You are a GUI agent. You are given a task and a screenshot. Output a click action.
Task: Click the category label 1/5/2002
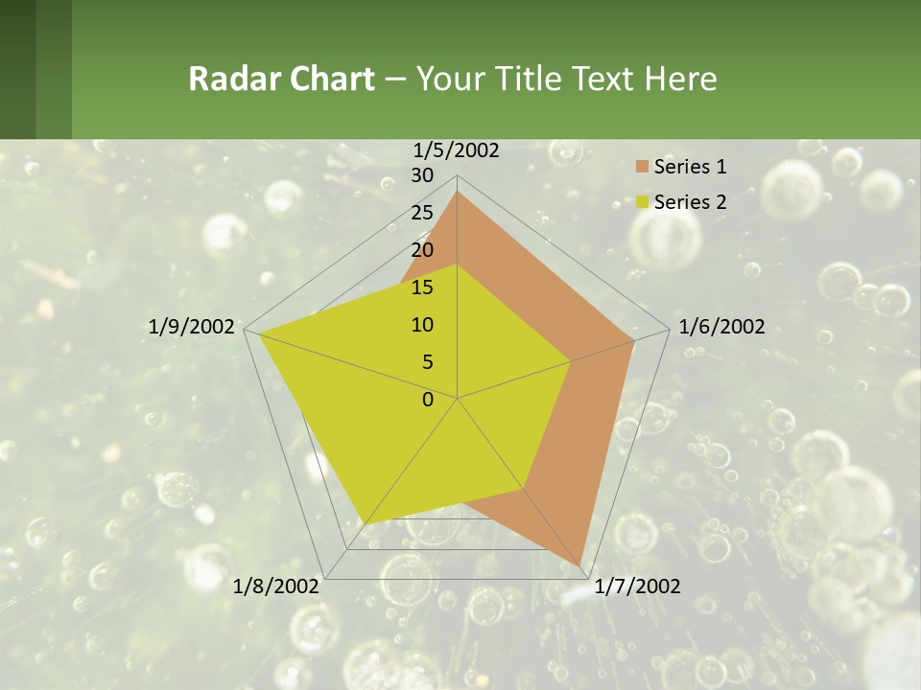coord(456,149)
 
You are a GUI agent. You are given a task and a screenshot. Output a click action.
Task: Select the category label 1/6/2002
coord(721,327)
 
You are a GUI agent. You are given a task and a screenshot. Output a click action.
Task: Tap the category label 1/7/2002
coord(637,586)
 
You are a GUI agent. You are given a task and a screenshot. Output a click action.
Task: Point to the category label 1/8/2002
coord(276,586)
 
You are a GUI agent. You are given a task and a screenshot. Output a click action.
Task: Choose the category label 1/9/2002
coord(192,327)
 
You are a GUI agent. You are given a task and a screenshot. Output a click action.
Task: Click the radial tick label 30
coord(421,175)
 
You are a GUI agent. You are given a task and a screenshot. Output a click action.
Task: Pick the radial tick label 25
coord(421,213)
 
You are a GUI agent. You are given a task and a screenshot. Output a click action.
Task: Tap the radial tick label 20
coord(421,250)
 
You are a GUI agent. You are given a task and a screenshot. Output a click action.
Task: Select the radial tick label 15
coord(421,287)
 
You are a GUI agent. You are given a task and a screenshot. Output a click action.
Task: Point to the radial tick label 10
coord(421,325)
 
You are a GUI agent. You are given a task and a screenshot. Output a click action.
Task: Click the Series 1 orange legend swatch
coord(642,168)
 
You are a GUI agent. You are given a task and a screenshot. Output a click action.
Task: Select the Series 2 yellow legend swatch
coord(642,202)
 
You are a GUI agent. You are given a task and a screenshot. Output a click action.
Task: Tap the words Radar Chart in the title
coord(281,79)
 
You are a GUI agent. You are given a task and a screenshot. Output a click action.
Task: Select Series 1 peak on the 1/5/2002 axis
coord(457,192)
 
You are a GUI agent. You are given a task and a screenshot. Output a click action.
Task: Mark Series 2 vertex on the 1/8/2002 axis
coord(366,523)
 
